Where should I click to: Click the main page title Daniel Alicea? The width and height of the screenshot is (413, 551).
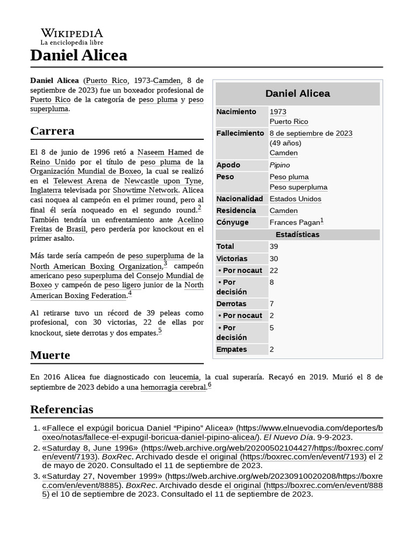click(79, 55)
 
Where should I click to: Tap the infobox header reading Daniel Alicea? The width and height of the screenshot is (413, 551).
click(297, 94)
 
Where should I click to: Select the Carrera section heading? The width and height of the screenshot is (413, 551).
click(52, 131)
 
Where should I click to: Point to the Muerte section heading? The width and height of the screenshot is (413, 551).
click(50, 356)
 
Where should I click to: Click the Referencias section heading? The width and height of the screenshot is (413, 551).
click(62, 409)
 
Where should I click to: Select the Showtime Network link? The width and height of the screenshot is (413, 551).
click(145, 190)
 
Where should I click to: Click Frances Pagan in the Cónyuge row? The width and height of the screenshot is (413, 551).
click(294, 222)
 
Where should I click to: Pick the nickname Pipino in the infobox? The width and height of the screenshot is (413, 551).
click(279, 165)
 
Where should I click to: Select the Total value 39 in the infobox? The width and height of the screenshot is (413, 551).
click(274, 246)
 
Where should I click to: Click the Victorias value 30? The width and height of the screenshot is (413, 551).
click(274, 259)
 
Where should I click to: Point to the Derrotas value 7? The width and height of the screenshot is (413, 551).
click(272, 304)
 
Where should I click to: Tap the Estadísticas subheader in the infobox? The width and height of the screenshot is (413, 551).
click(297, 235)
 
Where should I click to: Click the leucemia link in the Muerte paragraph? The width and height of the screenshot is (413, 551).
click(184, 377)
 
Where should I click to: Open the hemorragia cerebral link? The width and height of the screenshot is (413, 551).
click(173, 387)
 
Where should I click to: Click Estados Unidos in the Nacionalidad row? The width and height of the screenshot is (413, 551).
click(295, 199)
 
